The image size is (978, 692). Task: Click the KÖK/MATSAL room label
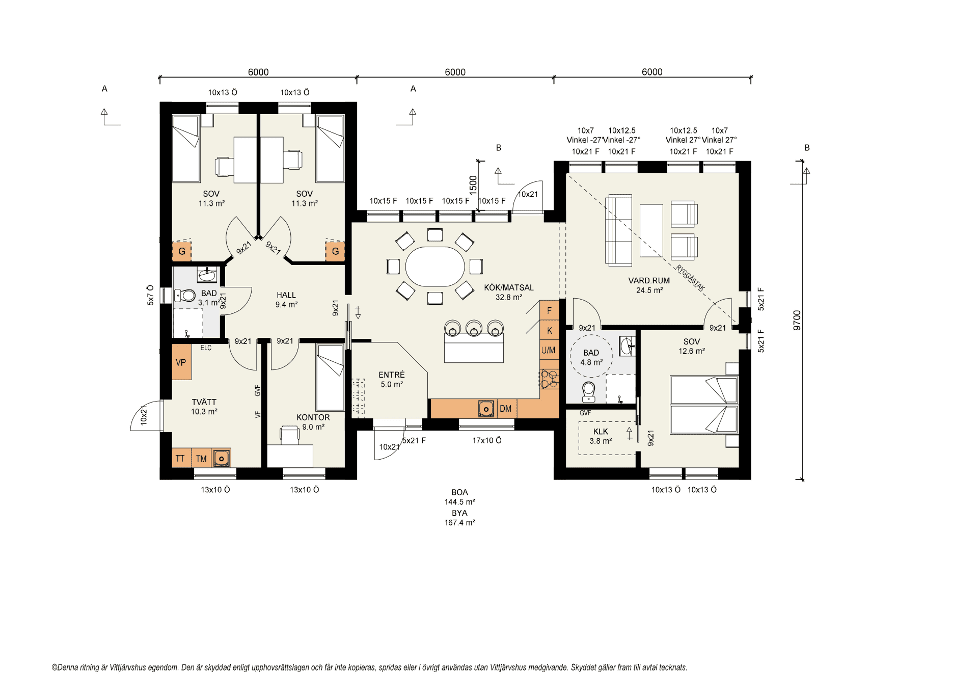pyautogui.click(x=508, y=288)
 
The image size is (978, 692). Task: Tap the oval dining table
pyautogui.click(x=435, y=267)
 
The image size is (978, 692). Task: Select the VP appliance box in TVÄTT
pyautogui.click(x=182, y=362)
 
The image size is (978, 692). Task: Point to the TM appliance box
pyautogui.click(x=202, y=458)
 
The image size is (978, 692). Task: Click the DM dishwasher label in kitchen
pyautogui.click(x=506, y=409)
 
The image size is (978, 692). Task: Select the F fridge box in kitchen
pyautogui.click(x=550, y=310)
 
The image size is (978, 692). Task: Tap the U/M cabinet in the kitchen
pyautogui.click(x=549, y=350)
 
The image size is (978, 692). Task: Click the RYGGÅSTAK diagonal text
pyautogui.click(x=690, y=278)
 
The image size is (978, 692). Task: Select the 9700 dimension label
pyautogui.click(x=797, y=320)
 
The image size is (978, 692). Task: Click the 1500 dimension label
pyautogui.click(x=473, y=185)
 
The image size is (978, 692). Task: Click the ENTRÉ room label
pyautogui.click(x=392, y=375)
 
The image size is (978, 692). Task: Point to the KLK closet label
pyautogui.click(x=601, y=432)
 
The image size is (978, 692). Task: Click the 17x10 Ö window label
pyautogui.click(x=487, y=440)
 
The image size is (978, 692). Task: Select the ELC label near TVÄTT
pyautogui.click(x=206, y=348)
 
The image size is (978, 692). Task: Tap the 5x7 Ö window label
pyautogui.click(x=150, y=295)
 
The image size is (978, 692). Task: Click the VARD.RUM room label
pyautogui.click(x=649, y=281)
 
